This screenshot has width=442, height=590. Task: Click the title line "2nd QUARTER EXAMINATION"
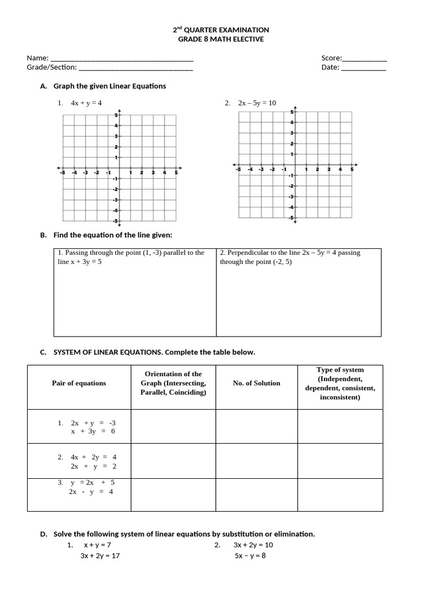[221, 29]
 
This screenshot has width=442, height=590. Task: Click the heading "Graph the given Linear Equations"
[109, 86]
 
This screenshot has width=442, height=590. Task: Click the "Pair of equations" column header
[79, 383]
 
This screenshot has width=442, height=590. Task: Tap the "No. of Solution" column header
[256, 383]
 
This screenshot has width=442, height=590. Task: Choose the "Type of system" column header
[340, 383]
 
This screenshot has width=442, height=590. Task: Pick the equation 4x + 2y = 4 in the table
[93, 457]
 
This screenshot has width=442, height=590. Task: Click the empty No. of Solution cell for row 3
[256, 494]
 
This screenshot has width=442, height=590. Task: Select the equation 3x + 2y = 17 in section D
[100, 556]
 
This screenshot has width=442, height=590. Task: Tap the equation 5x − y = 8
[250, 556]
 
